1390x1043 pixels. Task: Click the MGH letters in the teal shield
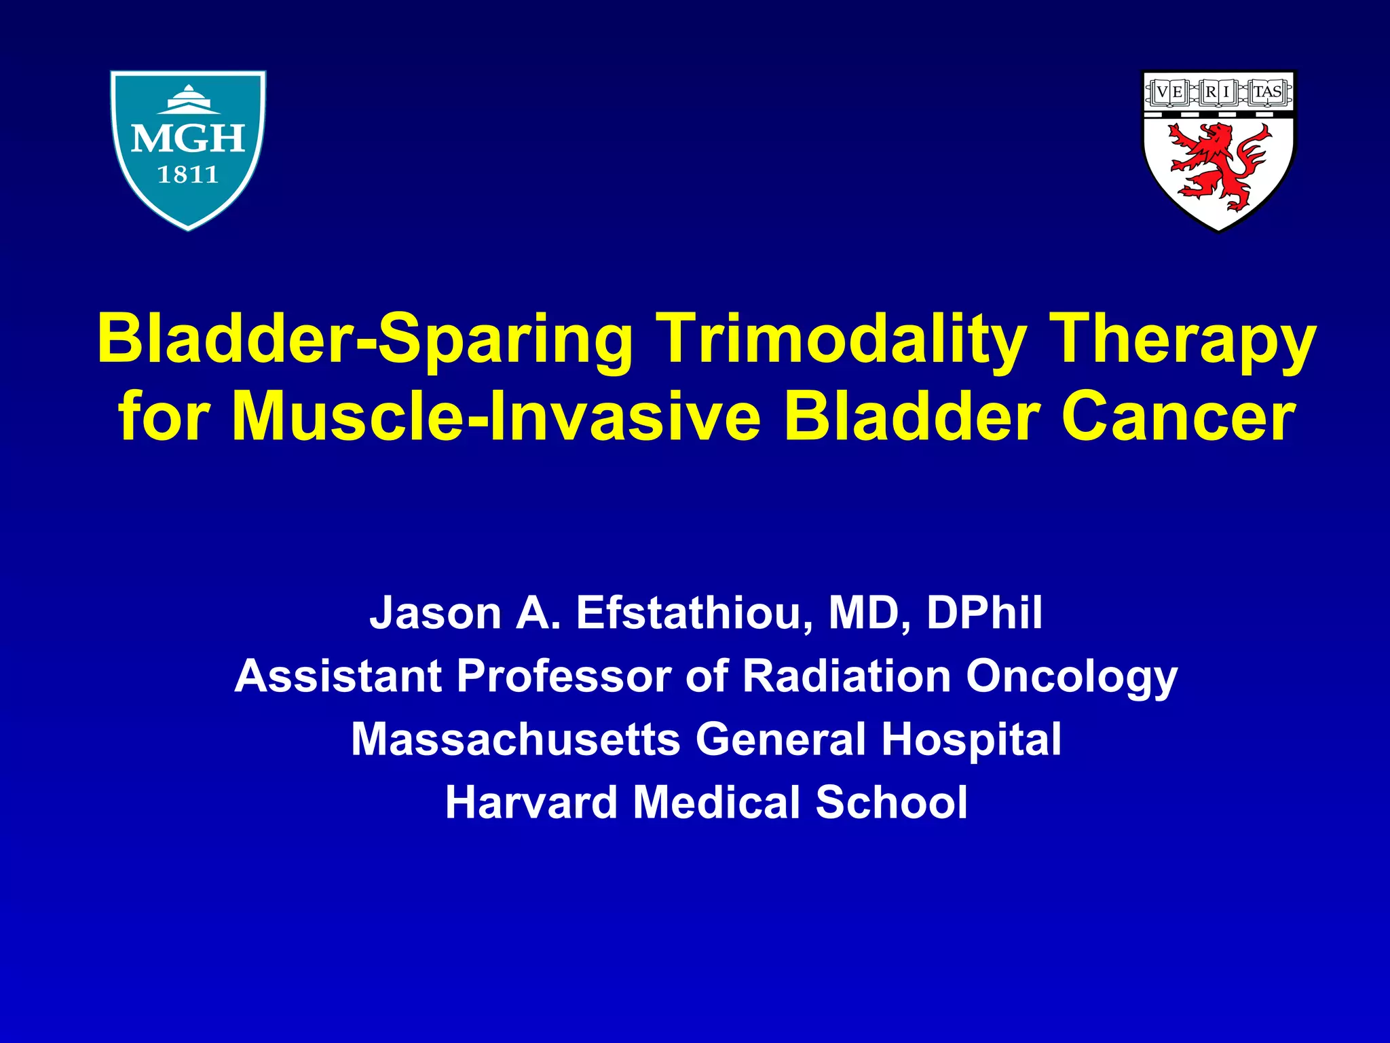[x=188, y=139]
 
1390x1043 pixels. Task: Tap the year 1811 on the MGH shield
[x=188, y=175]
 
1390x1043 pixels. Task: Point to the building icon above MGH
[x=189, y=100]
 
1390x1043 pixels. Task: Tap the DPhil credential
[x=984, y=612]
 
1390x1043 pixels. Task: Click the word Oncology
[x=1072, y=678]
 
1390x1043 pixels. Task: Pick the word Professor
[x=563, y=676]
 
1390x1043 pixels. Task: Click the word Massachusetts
[x=515, y=739]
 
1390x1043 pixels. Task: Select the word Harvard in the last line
[x=530, y=803]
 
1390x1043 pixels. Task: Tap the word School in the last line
[x=891, y=803]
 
